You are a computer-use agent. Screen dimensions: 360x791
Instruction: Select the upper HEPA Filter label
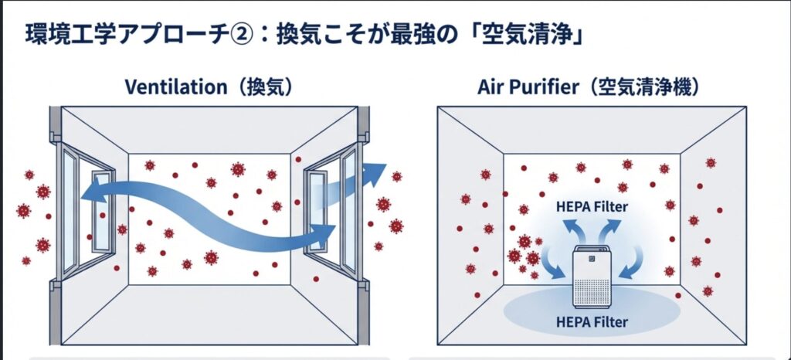tap(592, 207)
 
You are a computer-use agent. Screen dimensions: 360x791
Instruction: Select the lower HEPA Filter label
tap(592, 321)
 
